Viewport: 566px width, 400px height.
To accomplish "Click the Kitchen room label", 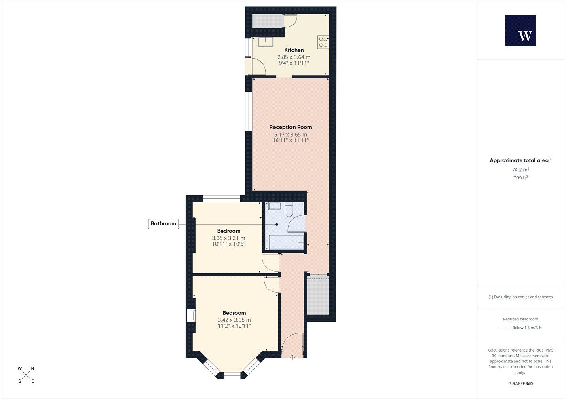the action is (x=294, y=50).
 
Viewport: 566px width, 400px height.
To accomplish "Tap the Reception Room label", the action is (x=291, y=127).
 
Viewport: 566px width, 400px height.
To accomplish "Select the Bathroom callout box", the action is (x=163, y=224).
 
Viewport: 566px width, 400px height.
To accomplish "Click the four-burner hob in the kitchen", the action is (x=323, y=42).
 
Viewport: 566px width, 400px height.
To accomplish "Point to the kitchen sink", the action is (x=265, y=42).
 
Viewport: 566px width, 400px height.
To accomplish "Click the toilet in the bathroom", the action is (x=289, y=210).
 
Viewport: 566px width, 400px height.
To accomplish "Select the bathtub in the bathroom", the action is (x=286, y=242).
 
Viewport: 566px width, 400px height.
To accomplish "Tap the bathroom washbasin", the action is (x=275, y=206).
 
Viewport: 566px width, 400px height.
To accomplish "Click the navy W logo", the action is (x=521, y=31).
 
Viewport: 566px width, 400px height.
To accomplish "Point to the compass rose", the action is (x=26, y=375).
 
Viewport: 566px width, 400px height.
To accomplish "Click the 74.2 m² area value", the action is (x=521, y=170).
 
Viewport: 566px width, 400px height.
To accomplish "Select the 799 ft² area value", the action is (x=521, y=177).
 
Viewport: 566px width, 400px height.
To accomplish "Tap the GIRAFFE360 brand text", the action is (x=521, y=383).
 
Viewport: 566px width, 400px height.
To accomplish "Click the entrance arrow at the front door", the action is (x=292, y=357).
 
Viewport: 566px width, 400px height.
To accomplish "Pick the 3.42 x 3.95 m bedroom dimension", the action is (x=234, y=320).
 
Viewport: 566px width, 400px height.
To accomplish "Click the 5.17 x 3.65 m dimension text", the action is (x=291, y=135).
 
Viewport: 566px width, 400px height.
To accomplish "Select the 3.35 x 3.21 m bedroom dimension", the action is (x=228, y=238).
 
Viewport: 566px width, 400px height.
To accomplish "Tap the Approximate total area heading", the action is (x=521, y=160).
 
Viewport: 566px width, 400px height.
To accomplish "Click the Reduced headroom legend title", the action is (x=521, y=319).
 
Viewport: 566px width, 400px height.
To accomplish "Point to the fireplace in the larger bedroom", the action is (x=191, y=316).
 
